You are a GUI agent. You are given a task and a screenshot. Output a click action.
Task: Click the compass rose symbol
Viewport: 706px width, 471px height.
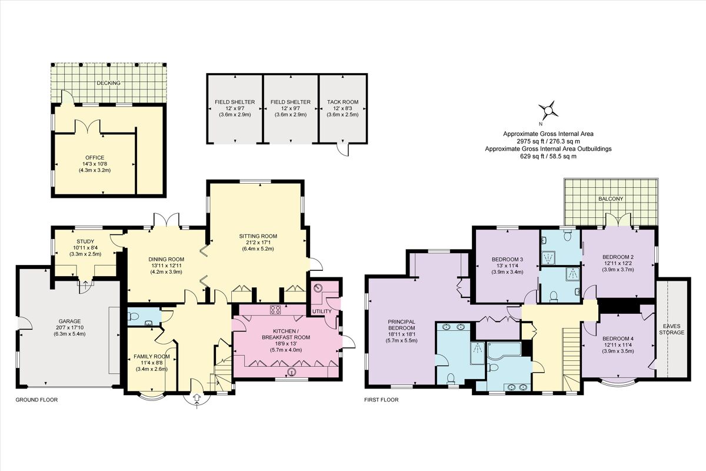click(x=548, y=111)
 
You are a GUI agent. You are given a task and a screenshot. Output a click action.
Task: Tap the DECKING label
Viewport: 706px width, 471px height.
click(x=108, y=83)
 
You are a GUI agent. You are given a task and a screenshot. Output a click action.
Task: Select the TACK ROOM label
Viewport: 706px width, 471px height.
click(x=342, y=102)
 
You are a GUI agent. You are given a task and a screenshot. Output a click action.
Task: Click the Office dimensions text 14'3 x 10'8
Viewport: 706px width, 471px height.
click(x=95, y=164)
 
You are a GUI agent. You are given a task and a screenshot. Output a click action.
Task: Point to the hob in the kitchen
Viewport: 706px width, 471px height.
click(x=275, y=310)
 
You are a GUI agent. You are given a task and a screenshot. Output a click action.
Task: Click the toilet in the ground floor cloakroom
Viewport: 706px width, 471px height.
click(x=134, y=316)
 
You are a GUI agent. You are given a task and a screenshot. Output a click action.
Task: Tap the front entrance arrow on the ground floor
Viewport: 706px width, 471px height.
click(x=197, y=400)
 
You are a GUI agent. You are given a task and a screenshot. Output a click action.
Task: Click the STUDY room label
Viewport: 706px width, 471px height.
click(x=85, y=241)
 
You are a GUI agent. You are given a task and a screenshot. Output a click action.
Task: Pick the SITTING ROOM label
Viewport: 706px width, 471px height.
click(x=258, y=236)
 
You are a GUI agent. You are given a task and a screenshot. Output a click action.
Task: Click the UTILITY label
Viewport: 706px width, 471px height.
click(x=322, y=311)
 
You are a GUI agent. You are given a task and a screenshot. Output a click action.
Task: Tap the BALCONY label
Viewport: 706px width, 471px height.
click(x=611, y=199)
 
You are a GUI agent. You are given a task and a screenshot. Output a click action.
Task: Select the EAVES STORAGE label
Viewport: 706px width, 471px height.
click(x=672, y=329)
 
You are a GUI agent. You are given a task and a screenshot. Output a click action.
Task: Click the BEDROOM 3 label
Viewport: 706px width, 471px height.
click(x=507, y=259)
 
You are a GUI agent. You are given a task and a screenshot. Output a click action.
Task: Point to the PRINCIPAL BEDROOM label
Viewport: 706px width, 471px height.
click(x=401, y=325)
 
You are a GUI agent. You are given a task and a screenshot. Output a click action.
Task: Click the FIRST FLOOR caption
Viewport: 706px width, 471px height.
click(x=381, y=400)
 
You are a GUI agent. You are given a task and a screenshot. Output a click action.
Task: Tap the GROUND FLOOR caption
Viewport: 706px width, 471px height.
click(x=36, y=400)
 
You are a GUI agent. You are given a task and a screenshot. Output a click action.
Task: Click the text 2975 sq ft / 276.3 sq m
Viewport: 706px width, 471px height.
click(x=548, y=141)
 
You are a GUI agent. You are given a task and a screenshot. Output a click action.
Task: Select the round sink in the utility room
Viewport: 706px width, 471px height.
click(x=319, y=288)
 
